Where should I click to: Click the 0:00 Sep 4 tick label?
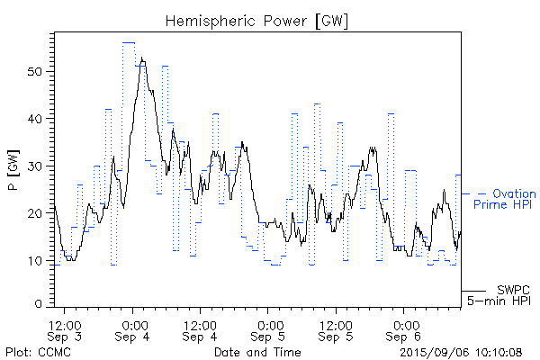point(134,329)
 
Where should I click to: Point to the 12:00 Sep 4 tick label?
point(200,329)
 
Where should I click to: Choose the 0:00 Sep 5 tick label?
point(268,329)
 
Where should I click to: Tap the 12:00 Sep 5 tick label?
point(336,329)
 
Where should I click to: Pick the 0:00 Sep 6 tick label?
point(404,329)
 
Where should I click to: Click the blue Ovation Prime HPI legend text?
point(505,199)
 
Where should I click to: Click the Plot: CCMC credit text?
point(38,352)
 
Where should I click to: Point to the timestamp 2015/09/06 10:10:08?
point(461,352)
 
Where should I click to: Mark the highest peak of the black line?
point(142,59)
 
